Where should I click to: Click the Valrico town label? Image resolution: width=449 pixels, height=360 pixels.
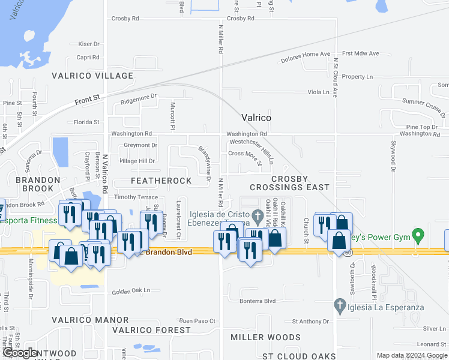(256, 118)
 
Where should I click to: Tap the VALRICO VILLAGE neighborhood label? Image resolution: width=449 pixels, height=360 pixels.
(92, 76)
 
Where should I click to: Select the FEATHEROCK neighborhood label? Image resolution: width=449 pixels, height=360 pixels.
(161, 181)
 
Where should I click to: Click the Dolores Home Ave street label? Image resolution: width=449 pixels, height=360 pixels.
(306, 58)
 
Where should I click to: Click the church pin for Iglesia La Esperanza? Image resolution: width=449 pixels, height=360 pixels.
(340, 304)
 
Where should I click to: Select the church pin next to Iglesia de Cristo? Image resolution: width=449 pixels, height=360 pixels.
(258, 215)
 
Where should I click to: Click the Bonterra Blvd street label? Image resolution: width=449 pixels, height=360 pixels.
(258, 301)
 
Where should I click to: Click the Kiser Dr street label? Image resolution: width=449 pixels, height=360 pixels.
(88, 44)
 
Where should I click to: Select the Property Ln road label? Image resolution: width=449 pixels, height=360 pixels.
(357, 77)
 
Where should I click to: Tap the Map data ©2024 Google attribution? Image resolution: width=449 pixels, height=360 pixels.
(411, 355)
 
